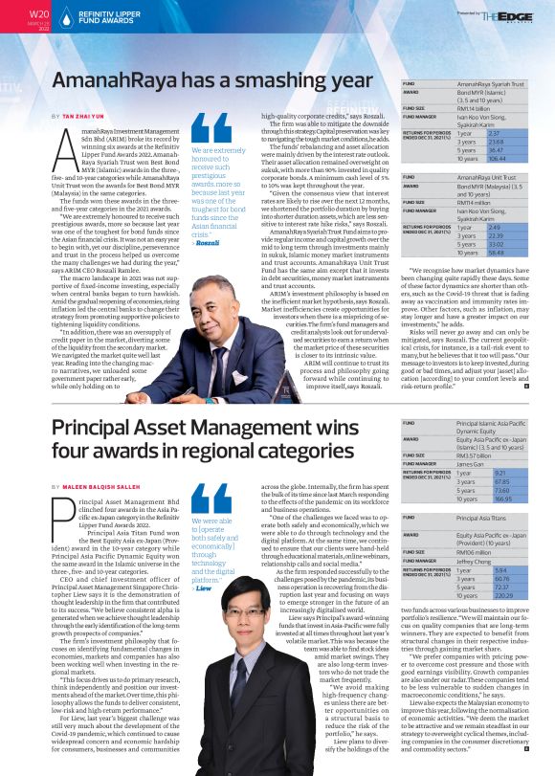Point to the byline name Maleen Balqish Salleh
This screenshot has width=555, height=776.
100,487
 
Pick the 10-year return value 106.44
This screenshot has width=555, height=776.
469,158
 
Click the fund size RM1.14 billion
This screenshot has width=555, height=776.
474,108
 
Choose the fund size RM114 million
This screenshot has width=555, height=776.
473,205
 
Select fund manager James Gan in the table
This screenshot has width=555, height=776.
472,463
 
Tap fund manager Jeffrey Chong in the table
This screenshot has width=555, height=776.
476,561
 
